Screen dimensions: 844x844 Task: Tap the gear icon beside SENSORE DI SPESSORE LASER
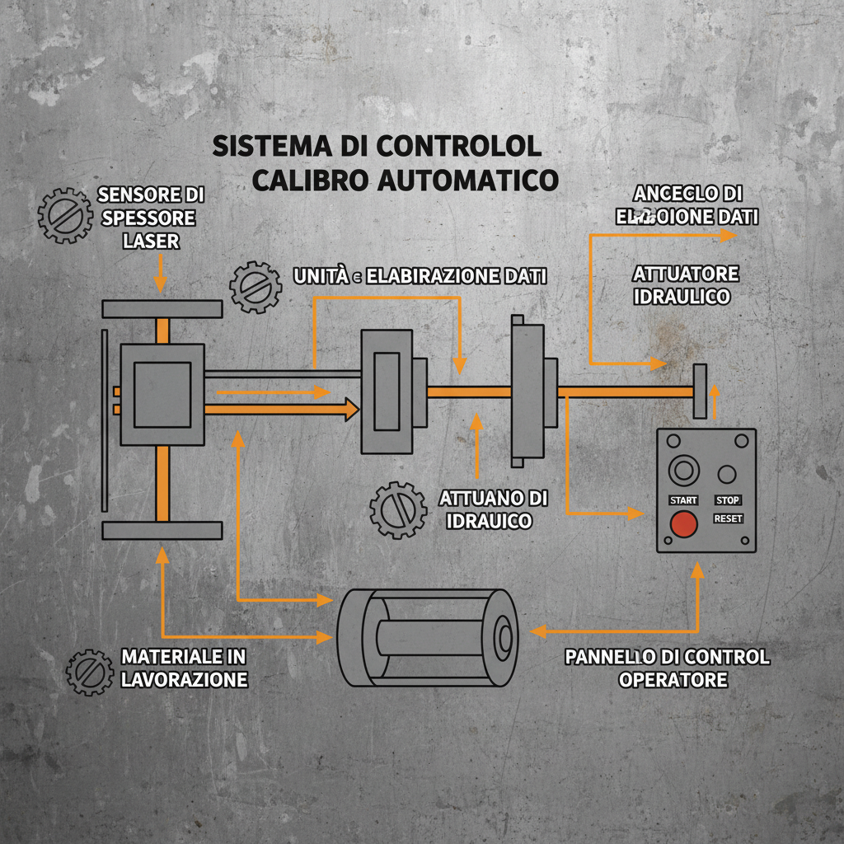[65, 215]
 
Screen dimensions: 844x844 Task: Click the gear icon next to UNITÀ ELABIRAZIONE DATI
[256, 287]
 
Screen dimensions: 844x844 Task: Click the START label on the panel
[683, 500]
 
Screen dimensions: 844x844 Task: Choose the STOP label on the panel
[728, 500]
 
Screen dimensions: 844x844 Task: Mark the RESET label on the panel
[728, 519]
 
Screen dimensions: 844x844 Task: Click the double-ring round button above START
[682, 471]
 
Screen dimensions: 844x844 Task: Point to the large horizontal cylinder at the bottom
[428, 637]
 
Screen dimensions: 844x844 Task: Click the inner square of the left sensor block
[162, 394]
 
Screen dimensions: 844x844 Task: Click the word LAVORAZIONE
[184, 680]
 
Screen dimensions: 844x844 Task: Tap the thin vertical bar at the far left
[103, 420]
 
